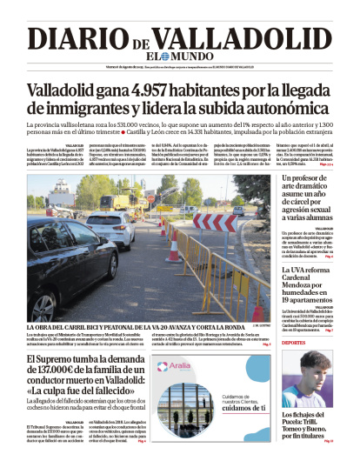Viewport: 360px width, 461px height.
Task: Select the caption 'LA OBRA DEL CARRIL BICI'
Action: tap(87, 325)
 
